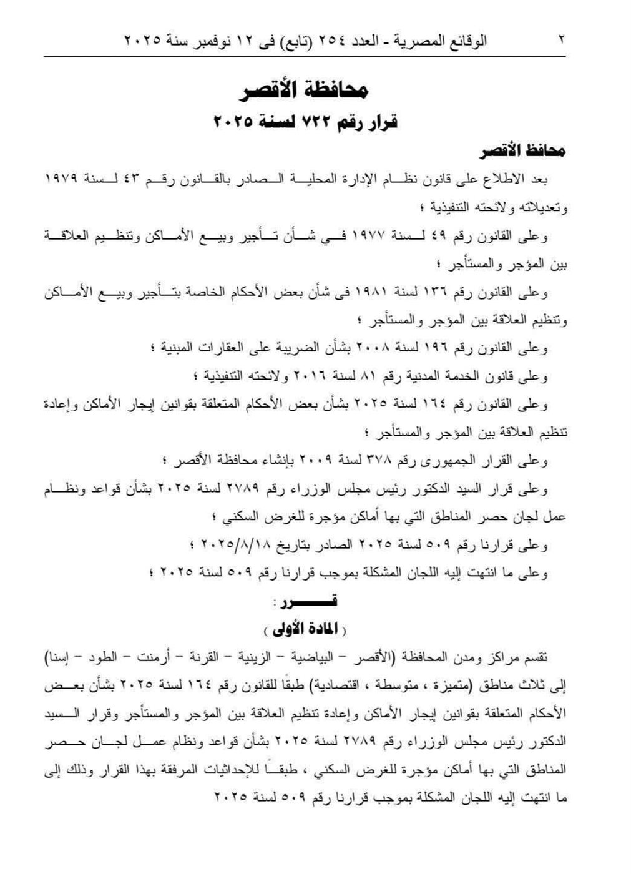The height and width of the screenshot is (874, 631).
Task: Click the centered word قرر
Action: pos(312,602)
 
